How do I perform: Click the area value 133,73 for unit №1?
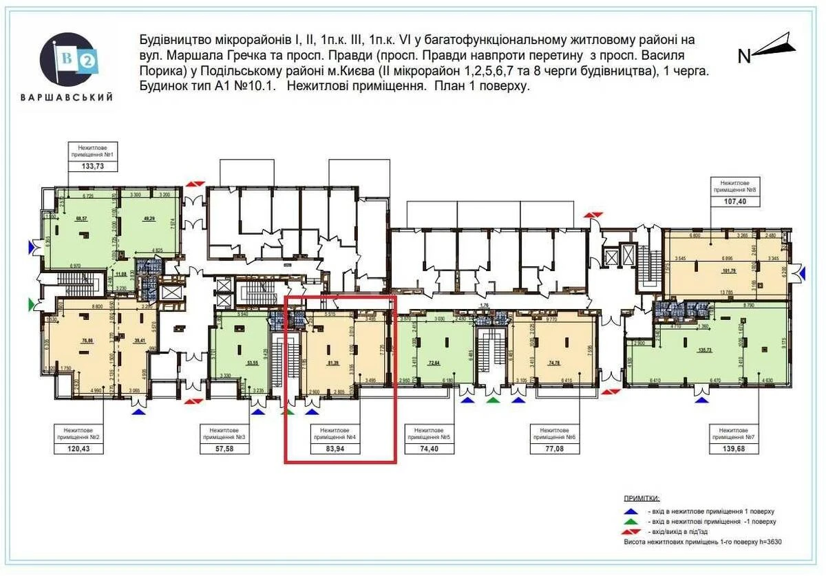(92, 165)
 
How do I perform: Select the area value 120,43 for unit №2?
(79, 448)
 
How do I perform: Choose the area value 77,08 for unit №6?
(553, 448)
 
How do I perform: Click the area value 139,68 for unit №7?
(736, 448)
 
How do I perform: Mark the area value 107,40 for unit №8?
(736, 201)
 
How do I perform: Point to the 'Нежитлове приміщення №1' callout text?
(92, 150)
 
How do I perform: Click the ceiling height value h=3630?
(766, 543)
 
